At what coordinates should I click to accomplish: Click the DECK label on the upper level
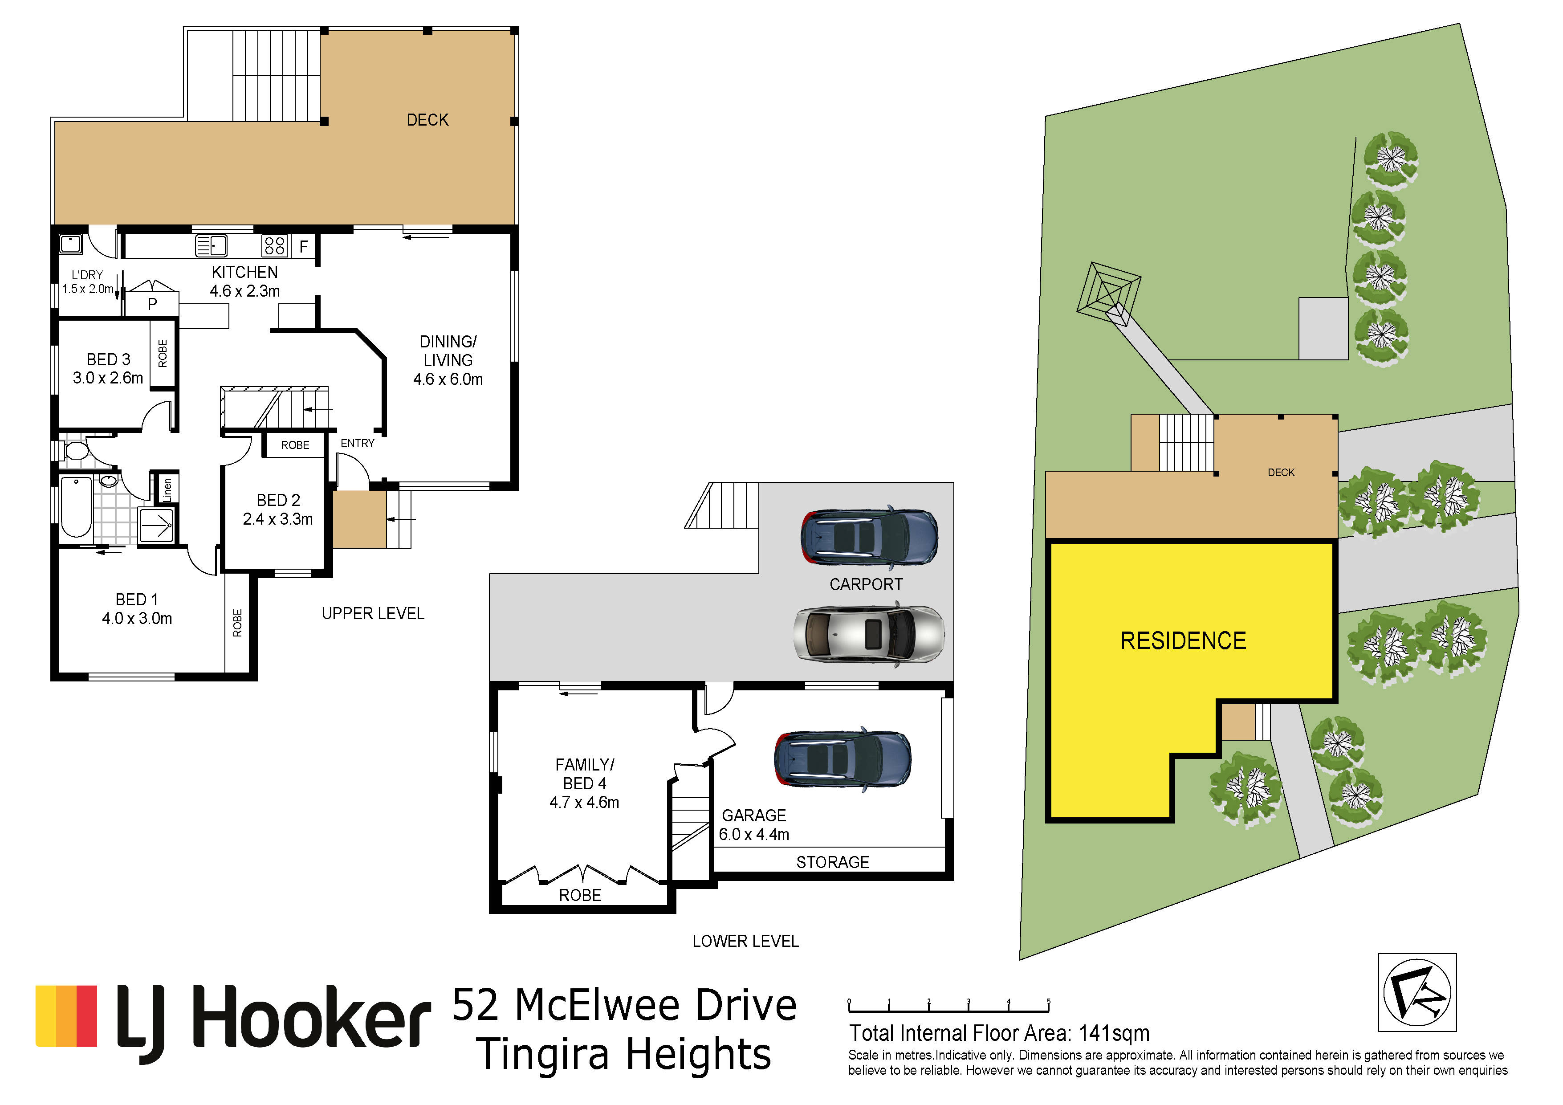427,120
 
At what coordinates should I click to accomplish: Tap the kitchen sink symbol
211,245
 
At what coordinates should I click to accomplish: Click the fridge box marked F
304,246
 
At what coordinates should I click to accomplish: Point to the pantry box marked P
152,304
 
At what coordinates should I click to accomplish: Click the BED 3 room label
108,368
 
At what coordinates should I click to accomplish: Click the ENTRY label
358,443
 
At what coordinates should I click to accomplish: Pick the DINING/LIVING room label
448,360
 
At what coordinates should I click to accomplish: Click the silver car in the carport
869,633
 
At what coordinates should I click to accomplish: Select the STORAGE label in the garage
833,862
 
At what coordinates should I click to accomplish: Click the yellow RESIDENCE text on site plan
1183,640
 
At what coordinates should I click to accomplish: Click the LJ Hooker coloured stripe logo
66,1016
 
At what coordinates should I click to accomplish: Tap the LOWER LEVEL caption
745,941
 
